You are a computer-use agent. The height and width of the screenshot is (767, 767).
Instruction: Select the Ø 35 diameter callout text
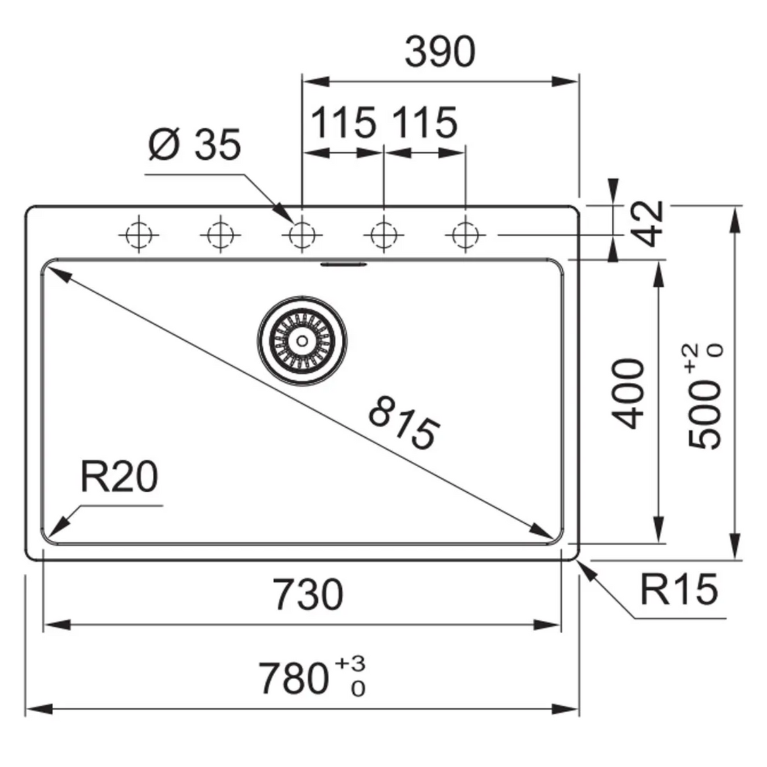[x=195, y=145]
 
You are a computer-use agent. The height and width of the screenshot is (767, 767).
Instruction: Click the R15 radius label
[x=679, y=589]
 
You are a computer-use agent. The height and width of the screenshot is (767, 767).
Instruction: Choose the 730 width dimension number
[x=310, y=595]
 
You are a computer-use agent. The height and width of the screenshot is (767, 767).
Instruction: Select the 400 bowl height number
[x=629, y=394]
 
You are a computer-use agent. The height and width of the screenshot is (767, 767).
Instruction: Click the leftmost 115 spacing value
[x=344, y=123]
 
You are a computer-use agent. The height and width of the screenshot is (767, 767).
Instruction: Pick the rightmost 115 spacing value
[x=425, y=123]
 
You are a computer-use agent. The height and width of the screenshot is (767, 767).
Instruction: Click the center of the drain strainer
[x=302, y=340]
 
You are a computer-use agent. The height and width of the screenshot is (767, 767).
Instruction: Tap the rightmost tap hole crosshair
[x=465, y=235]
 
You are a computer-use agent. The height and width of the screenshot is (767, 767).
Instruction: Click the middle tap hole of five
[x=302, y=235]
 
